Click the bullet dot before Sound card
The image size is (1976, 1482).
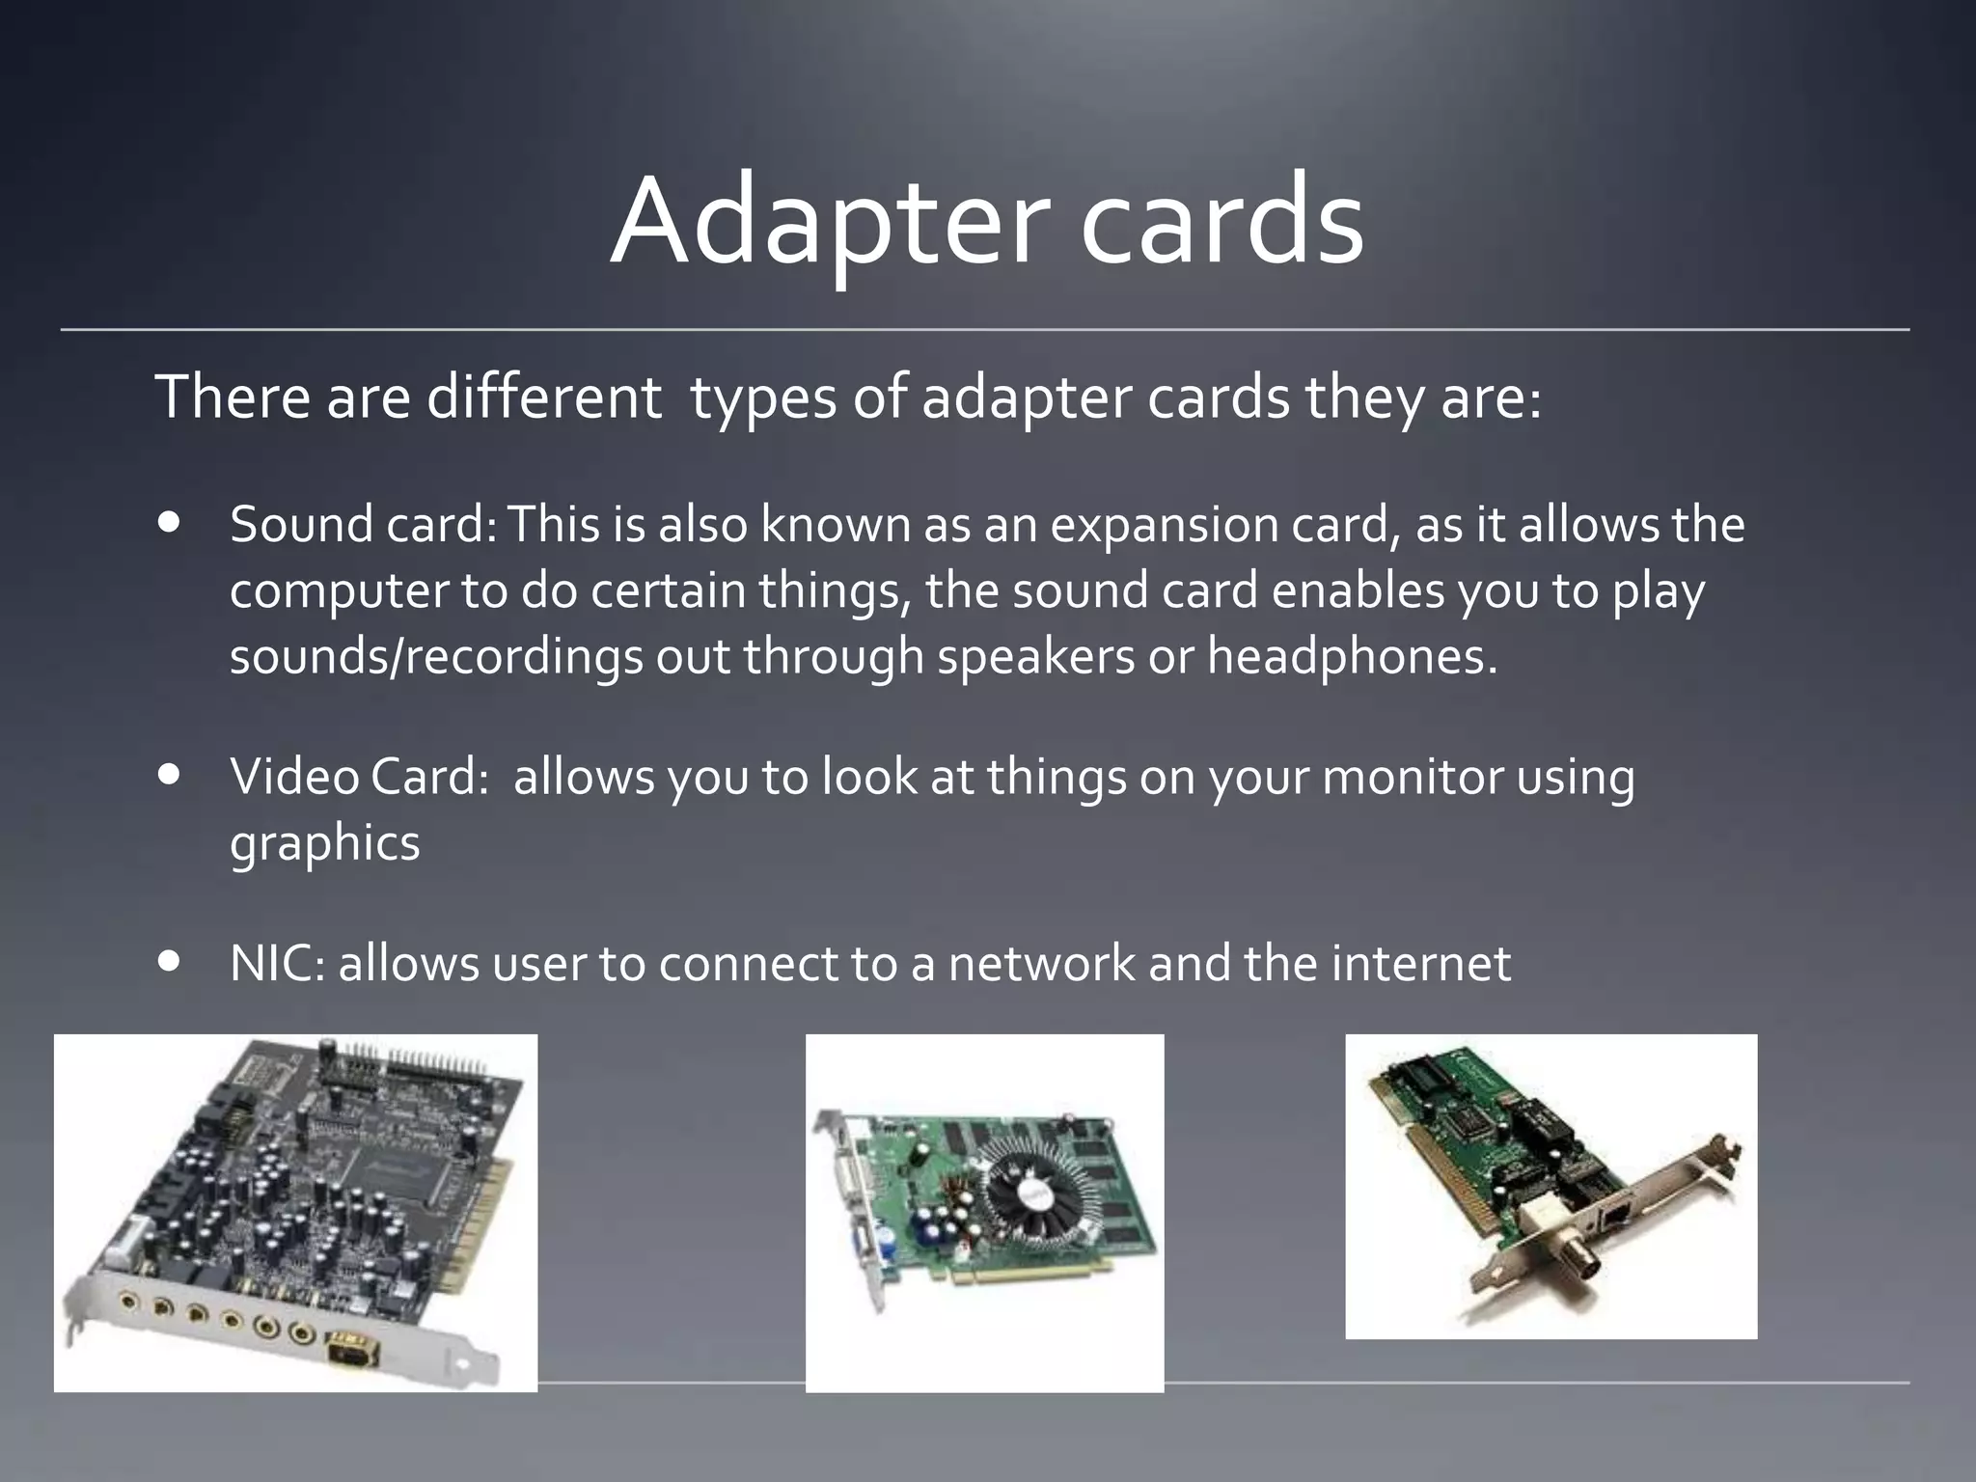click(x=171, y=523)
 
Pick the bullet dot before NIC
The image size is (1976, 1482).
click(x=171, y=962)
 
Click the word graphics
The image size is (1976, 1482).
click(x=325, y=843)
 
